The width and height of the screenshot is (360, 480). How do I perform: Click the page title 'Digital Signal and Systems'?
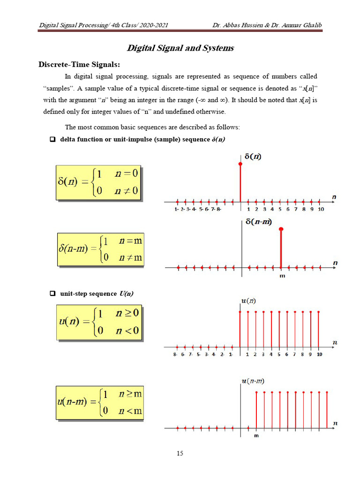coord(180,48)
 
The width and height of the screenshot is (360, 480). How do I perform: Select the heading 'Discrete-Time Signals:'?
coord(79,64)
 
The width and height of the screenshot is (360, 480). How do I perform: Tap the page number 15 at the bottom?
coord(180,453)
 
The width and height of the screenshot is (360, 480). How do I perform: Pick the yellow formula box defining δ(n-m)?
coord(100,250)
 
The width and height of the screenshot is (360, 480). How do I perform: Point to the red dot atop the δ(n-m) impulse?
coord(281,229)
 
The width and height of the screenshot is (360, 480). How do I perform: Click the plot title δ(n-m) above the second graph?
coord(259,221)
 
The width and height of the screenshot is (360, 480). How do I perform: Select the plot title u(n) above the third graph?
coord(248,300)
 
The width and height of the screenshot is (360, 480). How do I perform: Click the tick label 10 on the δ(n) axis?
coord(321,210)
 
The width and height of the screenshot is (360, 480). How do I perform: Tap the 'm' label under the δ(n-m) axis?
coord(282,276)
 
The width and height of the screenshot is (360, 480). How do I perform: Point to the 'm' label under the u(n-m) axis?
coord(256,435)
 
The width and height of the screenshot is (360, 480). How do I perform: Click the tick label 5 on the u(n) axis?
coord(279,354)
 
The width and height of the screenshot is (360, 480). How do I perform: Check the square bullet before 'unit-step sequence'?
coord(53,293)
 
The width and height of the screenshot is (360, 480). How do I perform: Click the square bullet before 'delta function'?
coord(53,140)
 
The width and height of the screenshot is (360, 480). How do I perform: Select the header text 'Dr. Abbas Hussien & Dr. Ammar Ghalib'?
coord(264,25)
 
